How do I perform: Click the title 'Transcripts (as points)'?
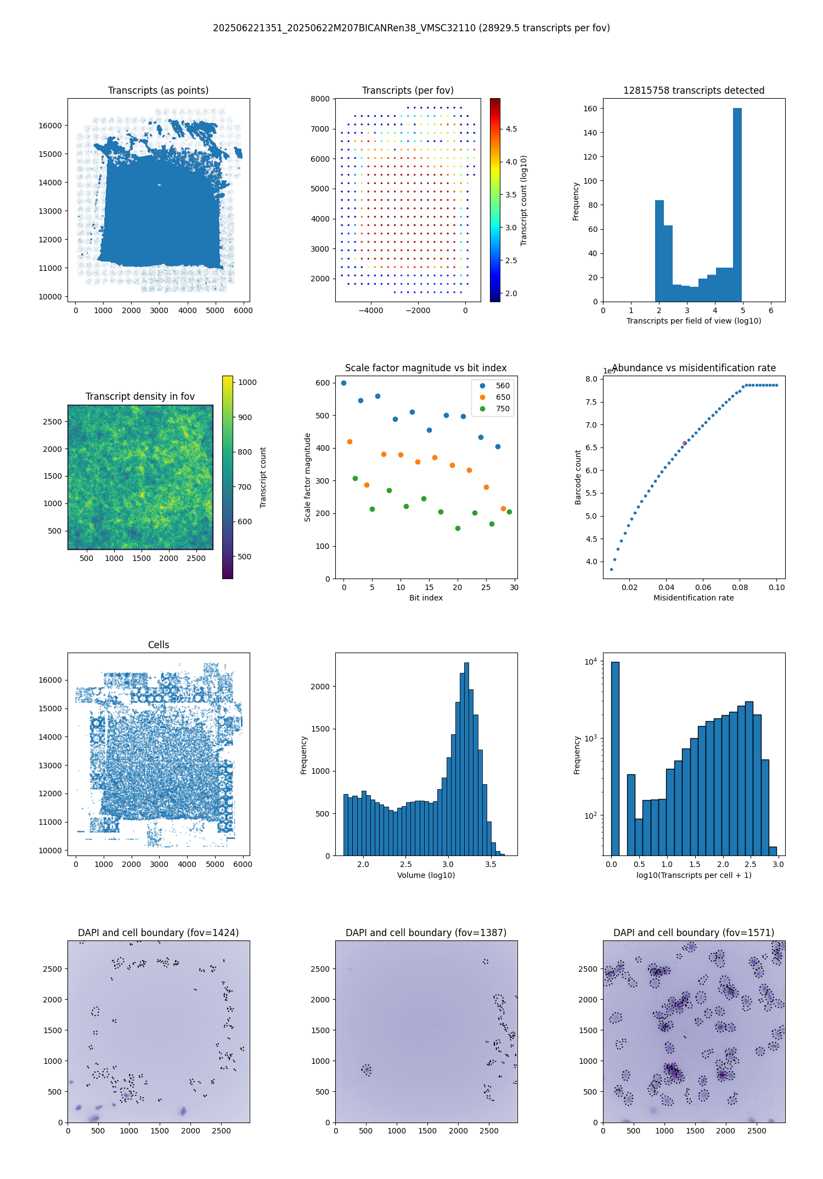click(158, 90)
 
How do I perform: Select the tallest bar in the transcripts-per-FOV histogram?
click(737, 205)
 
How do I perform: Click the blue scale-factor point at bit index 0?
click(343, 383)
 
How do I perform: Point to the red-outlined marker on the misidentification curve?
click(684, 443)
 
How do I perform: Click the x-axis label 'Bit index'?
click(426, 598)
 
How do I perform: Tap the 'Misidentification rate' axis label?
click(694, 598)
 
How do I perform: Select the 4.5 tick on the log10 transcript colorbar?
click(511, 129)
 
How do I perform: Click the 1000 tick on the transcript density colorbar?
click(247, 382)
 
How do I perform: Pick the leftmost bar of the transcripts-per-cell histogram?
click(615, 758)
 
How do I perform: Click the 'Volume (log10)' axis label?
click(426, 875)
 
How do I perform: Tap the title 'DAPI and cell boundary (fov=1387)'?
click(426, 933)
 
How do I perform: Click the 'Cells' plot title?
click(159, 645)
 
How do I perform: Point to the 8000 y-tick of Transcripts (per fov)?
click(320, 99)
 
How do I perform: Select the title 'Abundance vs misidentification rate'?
click(694, 368)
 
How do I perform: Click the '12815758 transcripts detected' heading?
click(694, 90)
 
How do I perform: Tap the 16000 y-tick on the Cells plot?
click(50, 680)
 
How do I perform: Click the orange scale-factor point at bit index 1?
click(350, 441)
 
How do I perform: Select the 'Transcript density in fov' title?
click(140, 396)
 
